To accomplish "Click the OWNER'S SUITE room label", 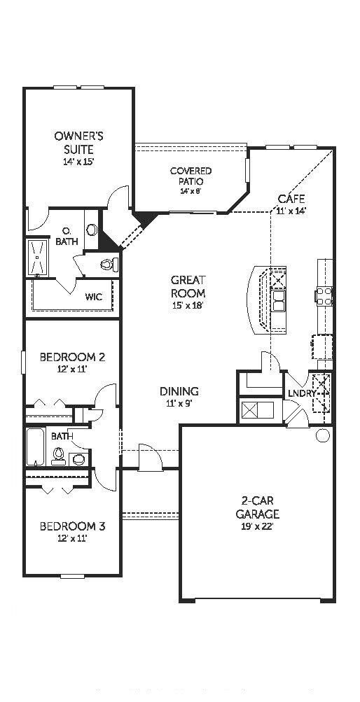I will click(x=79, y=143).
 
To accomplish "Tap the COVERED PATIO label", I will click(x=191, y=176).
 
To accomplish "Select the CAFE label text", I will click(x=291, y=199).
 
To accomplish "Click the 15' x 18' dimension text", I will click(x=188, y=306).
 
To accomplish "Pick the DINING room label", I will click(x=179, y=392).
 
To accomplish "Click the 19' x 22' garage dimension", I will click(x=257, y=526).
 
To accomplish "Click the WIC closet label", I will click(x=93, y=297).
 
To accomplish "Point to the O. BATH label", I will click(x=67, y=237).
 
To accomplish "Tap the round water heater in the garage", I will click(x=322, y=436).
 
